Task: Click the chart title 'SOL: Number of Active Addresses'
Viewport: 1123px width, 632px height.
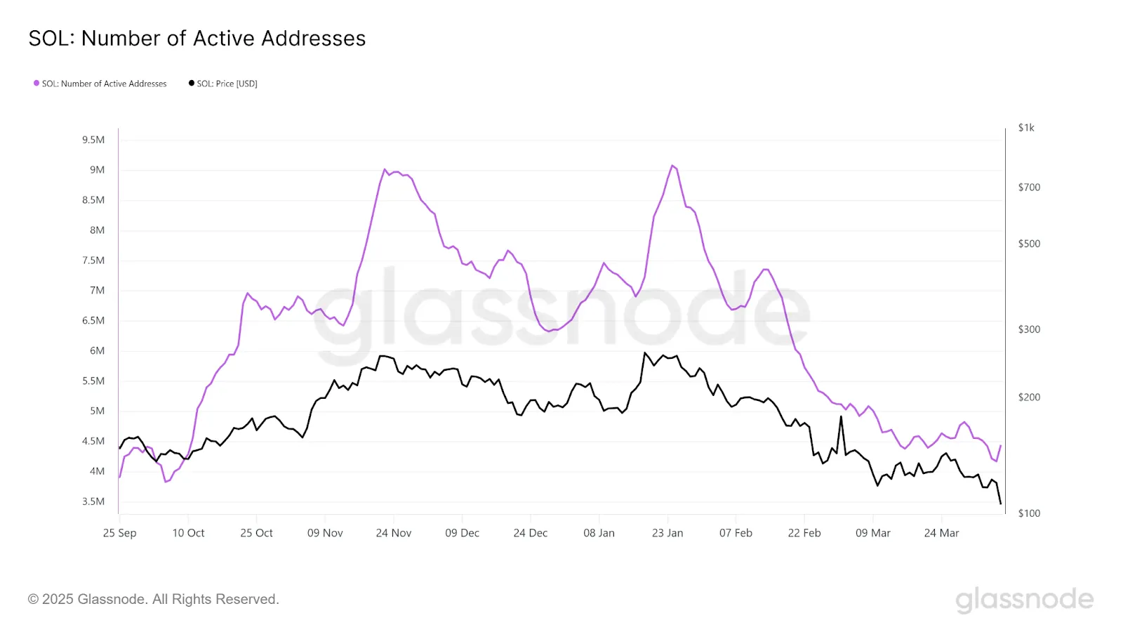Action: point(197,39)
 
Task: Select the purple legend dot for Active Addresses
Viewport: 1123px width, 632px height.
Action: point(36,84)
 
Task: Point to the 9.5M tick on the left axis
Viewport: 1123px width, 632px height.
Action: point(93,140)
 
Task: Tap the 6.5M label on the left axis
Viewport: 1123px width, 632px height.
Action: point(93,320)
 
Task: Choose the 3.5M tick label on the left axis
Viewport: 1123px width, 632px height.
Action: point(93,501)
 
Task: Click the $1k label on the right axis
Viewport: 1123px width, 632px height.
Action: point(1026,128)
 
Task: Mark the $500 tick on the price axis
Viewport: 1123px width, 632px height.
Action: point(1029,244)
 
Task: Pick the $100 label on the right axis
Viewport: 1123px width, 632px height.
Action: point(1029,513)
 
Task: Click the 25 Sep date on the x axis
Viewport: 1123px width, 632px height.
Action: point(120,533)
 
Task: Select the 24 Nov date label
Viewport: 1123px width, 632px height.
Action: point(394,533)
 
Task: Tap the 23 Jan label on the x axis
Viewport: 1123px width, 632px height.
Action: point(667,533)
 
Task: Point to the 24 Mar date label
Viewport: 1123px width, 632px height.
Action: point(941,533)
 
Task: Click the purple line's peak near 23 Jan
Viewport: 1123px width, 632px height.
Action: point(672,166)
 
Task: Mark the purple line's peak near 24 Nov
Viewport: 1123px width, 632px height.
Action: point(385,169)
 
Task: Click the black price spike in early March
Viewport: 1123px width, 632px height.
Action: point(841,417)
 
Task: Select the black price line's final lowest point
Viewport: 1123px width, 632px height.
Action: point(1000,503)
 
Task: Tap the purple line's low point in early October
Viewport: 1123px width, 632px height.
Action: point(166,482)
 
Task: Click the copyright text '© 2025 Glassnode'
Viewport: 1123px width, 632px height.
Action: point(154,599)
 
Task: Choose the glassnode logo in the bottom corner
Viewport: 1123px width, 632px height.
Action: point(1024,599)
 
